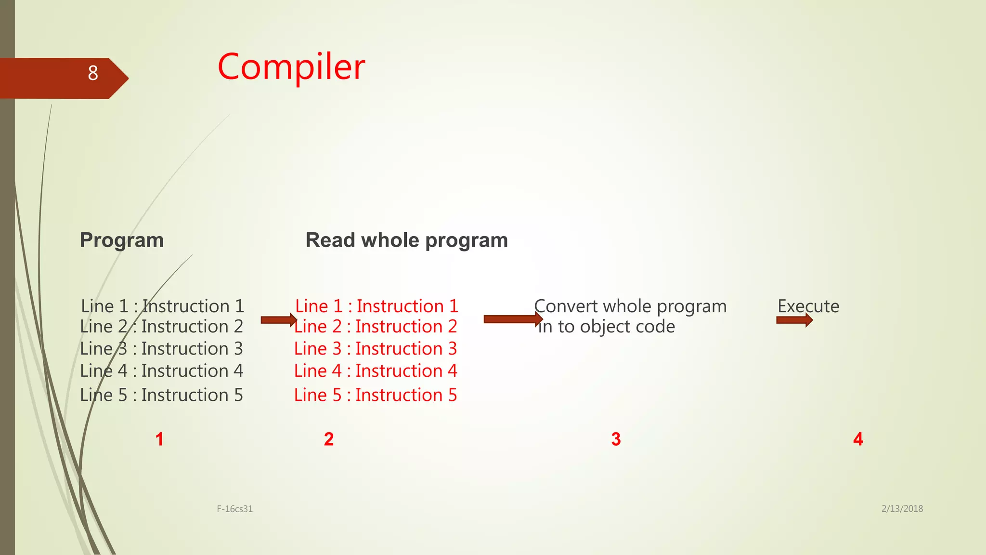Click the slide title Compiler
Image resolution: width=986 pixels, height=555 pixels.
click(291, 67)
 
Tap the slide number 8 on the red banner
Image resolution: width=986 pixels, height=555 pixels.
click(93, 73)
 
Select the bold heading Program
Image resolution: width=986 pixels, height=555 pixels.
click(122, 240)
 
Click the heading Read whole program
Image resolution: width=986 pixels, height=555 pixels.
click(406, 240)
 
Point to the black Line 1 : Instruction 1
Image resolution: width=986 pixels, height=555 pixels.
click(162, 306)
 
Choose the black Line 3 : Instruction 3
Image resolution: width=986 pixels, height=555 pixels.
click(161, 349)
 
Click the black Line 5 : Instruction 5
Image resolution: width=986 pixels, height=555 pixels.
click(161, 395)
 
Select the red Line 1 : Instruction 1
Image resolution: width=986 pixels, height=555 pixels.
click(376, 306)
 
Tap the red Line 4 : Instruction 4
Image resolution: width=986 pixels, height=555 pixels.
click(376, 371)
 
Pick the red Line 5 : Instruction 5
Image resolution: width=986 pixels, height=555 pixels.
click(376, 395)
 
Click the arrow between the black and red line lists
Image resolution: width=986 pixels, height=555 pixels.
click(278, 320)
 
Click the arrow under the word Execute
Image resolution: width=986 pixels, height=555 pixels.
click(794, 320)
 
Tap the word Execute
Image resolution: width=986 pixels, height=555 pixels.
click(808, 306)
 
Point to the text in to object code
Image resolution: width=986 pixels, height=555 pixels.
click(606, 327)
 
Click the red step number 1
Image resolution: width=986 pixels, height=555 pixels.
click(159, 439)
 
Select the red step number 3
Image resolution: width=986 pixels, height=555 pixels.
click(616, 439)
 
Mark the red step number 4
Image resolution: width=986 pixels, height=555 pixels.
click(858, 439)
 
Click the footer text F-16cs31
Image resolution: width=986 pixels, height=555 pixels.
click(234, 509)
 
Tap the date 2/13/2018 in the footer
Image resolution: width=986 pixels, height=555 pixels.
click(902, 508)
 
